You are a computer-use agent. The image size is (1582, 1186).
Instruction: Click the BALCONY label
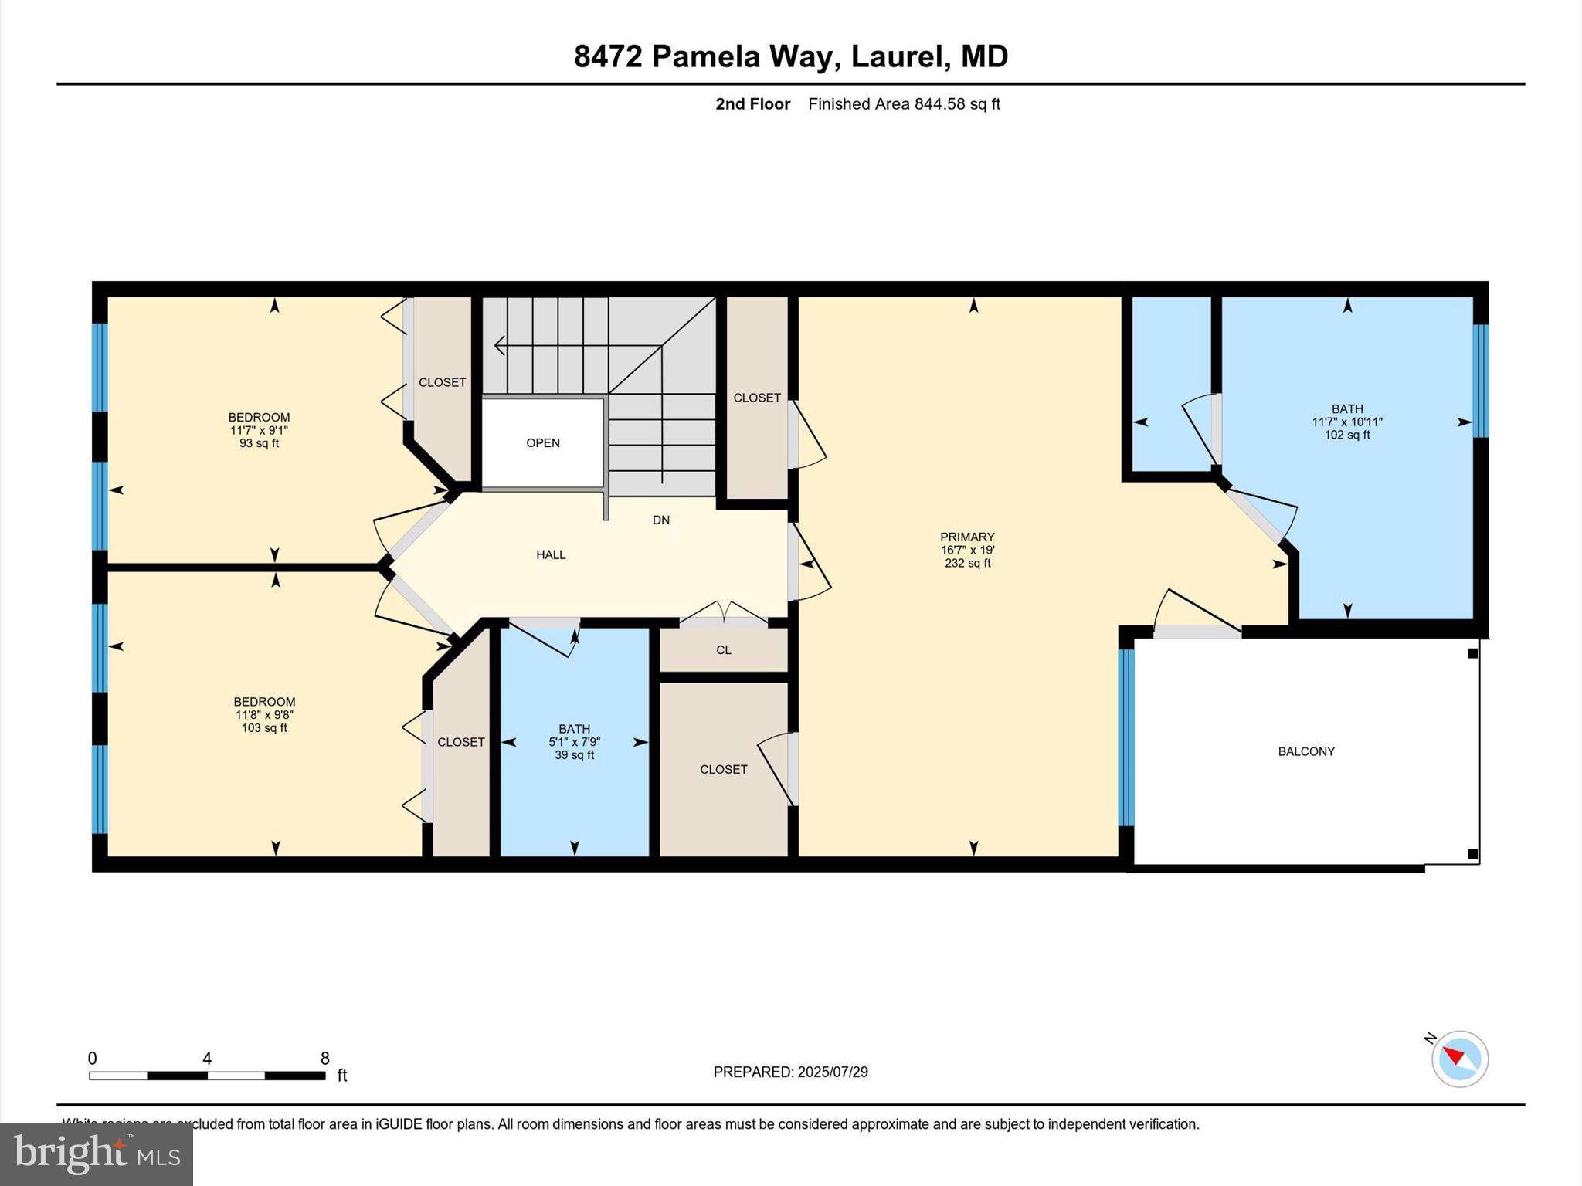pyautogui.click(x=1305, y=751)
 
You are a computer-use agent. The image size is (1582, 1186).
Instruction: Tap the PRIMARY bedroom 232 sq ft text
pyautogui.click(x=967, y=564)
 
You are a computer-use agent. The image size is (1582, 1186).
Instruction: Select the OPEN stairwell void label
pyautogui.click(x=542, y=443)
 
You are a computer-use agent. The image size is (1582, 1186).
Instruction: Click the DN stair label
pyautogui.click(x=660, y=520)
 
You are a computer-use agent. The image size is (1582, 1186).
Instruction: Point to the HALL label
pyautogui.click(x=551, y=554)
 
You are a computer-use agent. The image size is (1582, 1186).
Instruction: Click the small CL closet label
pyautogui.click(x=723, y=650)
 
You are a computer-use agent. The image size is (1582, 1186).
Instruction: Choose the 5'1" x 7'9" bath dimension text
pyautogui.click(x=574, y=742)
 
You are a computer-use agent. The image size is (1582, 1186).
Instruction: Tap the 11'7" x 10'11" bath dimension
pyautogui.click(x=1346, y=422)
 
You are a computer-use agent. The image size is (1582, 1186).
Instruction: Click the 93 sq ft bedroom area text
pyautogui.click(x=259, y=444)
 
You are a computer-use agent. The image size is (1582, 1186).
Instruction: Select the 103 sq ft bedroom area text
pyautogui.click(x=264, y=728)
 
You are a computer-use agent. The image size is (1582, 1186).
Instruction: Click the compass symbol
pyautogui.click(x=1458, y=1059)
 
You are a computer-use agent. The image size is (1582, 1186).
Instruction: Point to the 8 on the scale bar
pyautogui.click(x=325, y=1059)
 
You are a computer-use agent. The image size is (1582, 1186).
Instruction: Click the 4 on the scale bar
pyautogui.click(x=207, y=1059)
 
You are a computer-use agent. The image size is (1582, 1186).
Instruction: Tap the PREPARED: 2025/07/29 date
pyautogui.click(x=790, y=1072)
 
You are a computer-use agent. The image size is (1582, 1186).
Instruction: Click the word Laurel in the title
pyautogui.click(x=900, y=56)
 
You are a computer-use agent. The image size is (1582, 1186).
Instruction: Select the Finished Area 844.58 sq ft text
pyautogui.click(x=904, y=104)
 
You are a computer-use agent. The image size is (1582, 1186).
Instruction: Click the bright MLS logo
pyautogui.click(x=97, y=1154)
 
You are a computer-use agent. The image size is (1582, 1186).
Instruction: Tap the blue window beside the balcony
pyautogui.click(x=1126, y=737)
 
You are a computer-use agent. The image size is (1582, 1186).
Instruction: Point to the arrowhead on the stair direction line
pyautogui.click(x=499, y=346)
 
